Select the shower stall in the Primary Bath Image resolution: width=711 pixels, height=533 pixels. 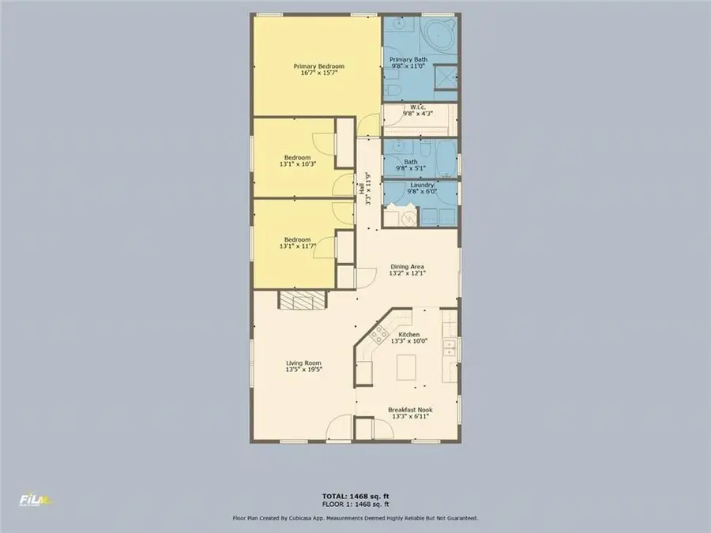tap(446, 77)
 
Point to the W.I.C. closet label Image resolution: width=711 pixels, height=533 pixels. tap(419, 107)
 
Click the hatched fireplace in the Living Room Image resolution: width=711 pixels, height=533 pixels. tap(301, 299)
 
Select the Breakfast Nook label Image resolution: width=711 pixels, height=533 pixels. tap(409, 410)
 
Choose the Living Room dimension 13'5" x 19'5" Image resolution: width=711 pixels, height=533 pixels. tap(303, 370)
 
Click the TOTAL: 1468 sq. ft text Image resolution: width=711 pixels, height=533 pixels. tap(355, 496)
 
